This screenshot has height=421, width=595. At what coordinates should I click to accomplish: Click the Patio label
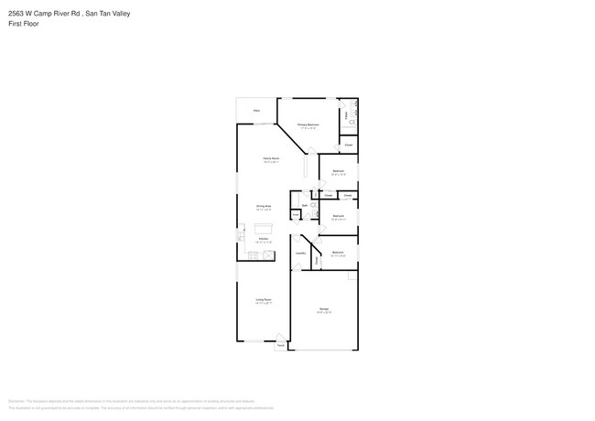coord(256,111)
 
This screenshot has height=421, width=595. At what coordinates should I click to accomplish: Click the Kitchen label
coord(263,238)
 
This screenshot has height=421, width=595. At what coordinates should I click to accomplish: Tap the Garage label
coord(324,308)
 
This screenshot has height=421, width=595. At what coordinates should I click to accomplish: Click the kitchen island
coord(264,229)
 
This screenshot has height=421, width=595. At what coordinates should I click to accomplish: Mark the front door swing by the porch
coord(281,338)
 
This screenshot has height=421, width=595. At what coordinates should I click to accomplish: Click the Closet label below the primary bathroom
coord(349,145)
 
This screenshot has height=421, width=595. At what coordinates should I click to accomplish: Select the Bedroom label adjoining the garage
coord(338,252)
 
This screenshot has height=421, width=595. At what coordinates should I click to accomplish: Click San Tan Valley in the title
coord(109,13)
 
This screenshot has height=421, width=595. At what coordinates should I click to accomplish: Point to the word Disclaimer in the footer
coord(16,401)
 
